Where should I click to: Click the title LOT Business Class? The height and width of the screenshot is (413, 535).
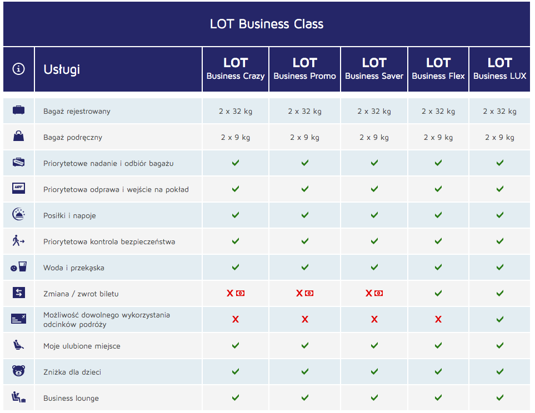coord(267,24)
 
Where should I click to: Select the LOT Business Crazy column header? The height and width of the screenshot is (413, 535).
coord(236,69)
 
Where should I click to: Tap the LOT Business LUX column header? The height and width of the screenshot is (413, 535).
coord(499,69)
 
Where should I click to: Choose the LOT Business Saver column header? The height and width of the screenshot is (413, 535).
coord(374,69)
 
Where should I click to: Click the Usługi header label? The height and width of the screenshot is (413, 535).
coord(62,69)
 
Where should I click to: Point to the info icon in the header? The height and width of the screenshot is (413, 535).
coord(18,69)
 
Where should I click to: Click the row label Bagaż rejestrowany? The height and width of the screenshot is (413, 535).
coord(77,112)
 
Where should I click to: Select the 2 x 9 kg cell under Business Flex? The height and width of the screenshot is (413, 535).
coord(438,138)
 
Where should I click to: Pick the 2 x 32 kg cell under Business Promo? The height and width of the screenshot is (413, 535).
coord(304,111)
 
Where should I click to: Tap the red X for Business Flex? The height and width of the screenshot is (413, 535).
coord(438,319)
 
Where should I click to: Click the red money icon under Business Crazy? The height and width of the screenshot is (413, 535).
coord(240,293)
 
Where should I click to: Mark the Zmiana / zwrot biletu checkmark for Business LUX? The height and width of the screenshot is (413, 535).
coord(500,293)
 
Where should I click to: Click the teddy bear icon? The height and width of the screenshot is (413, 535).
coord(18,371)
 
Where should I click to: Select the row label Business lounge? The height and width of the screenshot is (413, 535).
coord(71,399)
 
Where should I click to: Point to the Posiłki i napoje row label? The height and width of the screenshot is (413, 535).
coord(69,215)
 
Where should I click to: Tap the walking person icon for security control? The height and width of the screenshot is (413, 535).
coord(18,241)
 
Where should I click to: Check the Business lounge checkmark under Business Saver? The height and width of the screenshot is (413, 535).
coord(374,397)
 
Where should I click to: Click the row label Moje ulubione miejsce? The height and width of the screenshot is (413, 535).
coord(82,346)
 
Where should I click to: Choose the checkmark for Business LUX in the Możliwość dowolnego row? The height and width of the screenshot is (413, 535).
coord(500,319)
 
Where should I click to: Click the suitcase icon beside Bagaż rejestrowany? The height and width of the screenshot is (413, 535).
coord(18,110)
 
